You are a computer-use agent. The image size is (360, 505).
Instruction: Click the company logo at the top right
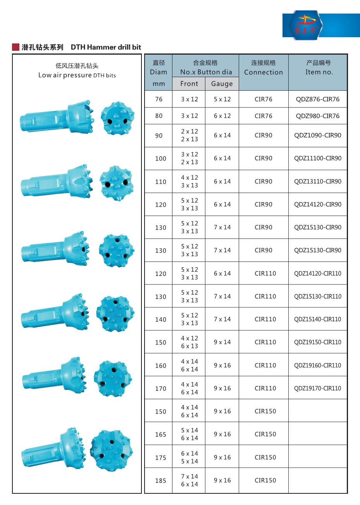[306, 25]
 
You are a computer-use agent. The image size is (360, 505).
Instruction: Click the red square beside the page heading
[16, 47]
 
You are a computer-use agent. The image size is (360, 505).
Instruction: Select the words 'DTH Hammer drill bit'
[106, 47]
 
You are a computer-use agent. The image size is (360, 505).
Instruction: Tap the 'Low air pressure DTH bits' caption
[77, 75]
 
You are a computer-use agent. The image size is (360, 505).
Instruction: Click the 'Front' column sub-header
[189, 84]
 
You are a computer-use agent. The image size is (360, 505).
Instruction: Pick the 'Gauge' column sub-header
[222, 84]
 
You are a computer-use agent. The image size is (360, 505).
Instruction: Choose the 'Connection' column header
[263, 72]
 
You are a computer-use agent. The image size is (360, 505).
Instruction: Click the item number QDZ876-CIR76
[318, 99]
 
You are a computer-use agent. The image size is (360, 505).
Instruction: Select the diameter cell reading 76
[159, 99]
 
